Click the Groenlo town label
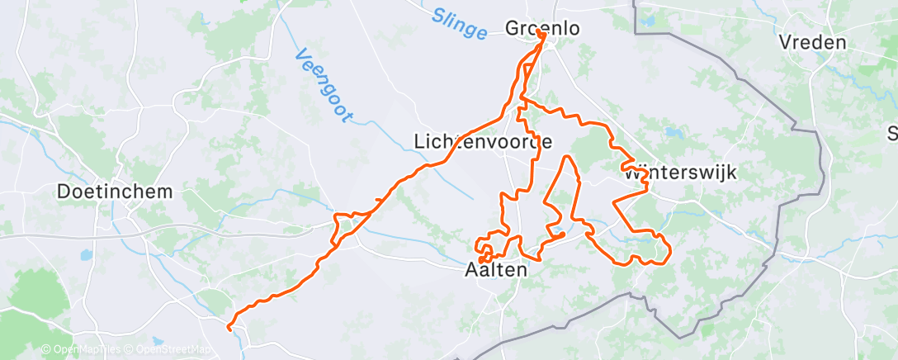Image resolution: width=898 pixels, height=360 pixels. click(x=542, y=28)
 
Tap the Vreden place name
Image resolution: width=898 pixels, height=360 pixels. click(x=812, y=43)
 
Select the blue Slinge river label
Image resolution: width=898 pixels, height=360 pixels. click(x=459, y=24)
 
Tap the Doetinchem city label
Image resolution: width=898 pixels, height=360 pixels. click(x=115, y=192)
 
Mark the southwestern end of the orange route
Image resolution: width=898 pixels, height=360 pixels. click(x=229, y=328)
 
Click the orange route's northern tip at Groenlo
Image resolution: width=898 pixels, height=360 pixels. click(x=542, y=34)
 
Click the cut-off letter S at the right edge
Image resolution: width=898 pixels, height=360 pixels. click(x=892, y=133)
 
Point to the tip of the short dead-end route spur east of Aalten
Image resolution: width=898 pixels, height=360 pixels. click(x=564, y=234)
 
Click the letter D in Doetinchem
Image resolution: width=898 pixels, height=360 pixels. click(x=64, y=192)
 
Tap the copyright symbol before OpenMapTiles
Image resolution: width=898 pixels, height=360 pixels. click(x=46, y=349)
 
